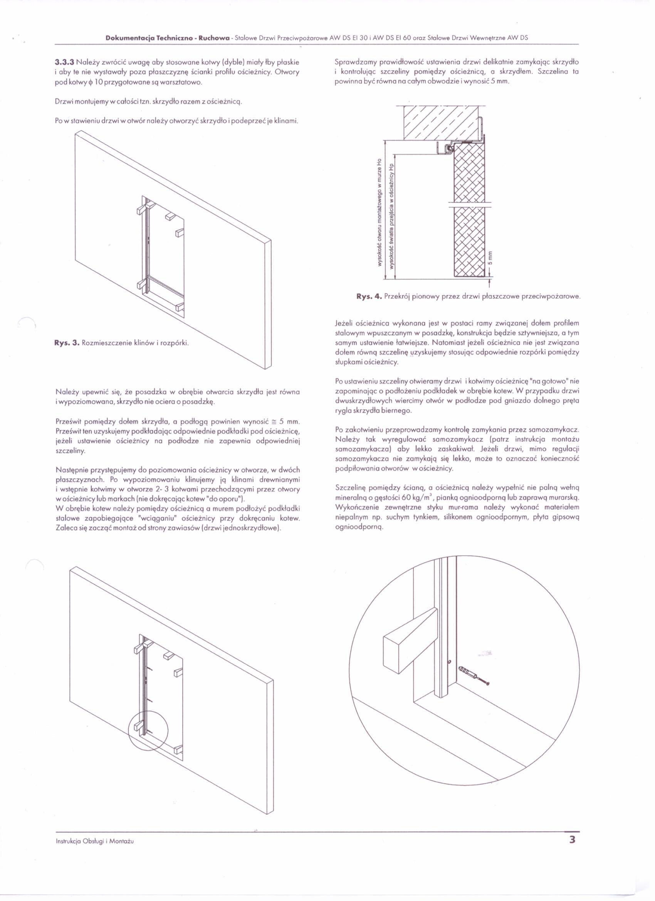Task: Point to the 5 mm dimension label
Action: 490,258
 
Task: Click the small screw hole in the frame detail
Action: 449,662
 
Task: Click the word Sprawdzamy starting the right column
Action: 355,62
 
